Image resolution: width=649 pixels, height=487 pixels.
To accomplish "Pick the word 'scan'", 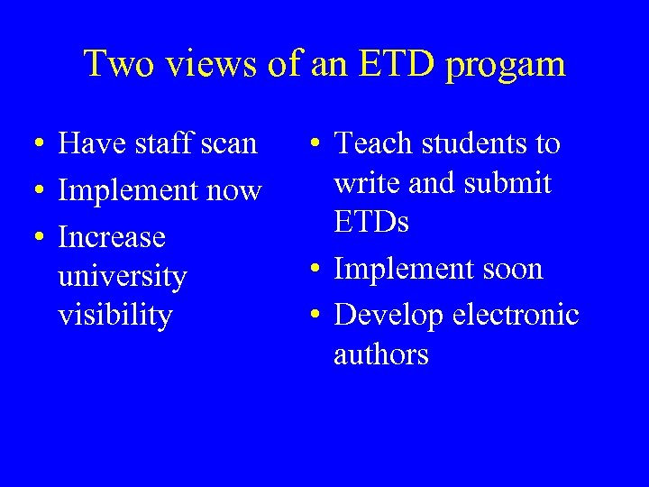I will (232, 144).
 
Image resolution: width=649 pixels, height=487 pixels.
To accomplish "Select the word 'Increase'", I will (112, 237).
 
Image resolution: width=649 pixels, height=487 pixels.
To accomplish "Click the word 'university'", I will (122, 277).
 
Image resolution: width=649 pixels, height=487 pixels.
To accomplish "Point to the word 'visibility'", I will (114, 317).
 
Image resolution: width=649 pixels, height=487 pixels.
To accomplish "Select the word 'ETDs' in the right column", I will (371, 222).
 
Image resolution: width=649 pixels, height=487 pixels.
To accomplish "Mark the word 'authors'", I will (381, 355).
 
